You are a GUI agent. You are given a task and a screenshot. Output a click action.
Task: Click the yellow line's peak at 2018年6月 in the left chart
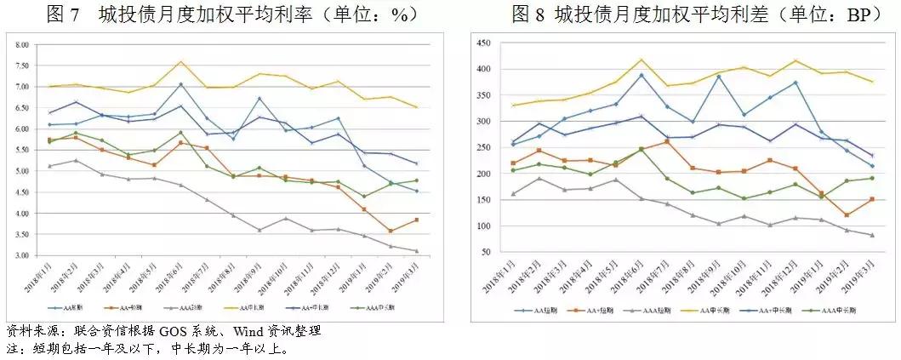point(181,61)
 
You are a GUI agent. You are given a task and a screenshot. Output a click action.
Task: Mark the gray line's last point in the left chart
point(417,250)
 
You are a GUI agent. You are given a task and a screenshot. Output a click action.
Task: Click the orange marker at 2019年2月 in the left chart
point(391,231)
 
